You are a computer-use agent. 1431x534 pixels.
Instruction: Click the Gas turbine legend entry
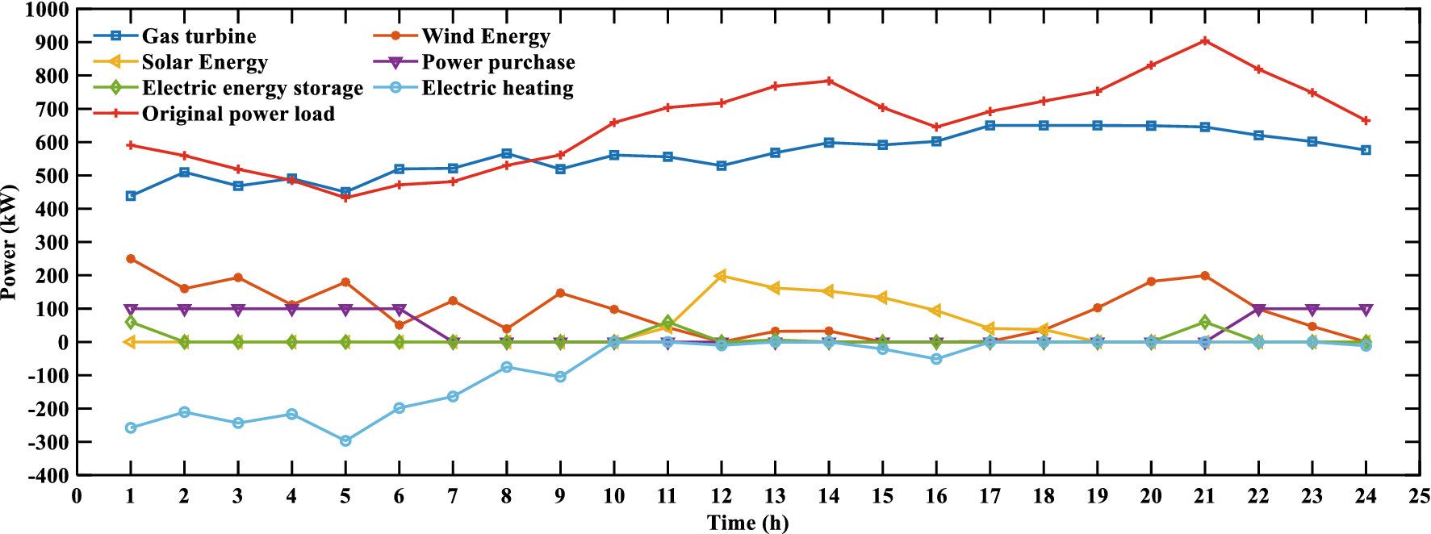(199, 36)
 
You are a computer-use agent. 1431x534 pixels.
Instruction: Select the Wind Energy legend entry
(485, 36)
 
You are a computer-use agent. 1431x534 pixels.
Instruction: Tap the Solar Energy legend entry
(204, 62)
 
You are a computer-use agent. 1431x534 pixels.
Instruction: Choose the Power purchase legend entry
(498, 62)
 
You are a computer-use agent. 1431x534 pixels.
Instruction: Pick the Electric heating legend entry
(497, 88)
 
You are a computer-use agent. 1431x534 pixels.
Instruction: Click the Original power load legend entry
(238, 114)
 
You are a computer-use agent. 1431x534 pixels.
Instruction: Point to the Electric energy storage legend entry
(252, 88)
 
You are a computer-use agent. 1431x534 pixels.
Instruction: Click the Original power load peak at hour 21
(1204, 40)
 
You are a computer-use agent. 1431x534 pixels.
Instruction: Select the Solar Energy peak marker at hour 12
(721, 276)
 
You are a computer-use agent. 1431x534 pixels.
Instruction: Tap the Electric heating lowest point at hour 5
(345, 440)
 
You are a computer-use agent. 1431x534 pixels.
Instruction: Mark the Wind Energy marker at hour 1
(131, 259)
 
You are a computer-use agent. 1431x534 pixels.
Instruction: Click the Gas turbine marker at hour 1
(131, 196)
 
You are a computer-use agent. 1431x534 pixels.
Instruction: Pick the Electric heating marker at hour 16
(936, 359)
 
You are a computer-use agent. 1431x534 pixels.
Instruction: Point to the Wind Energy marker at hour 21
(1204, 276)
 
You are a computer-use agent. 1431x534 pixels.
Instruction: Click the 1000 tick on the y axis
(47, 10)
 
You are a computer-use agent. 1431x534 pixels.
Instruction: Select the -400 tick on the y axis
(47, 475)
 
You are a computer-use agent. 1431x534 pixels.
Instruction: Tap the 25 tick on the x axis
(1419, 496)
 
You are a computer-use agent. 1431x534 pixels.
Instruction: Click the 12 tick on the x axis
(721, 496)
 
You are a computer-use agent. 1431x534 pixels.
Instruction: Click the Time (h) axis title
(747, 523)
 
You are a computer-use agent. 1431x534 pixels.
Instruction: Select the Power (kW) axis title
(10, 242)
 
